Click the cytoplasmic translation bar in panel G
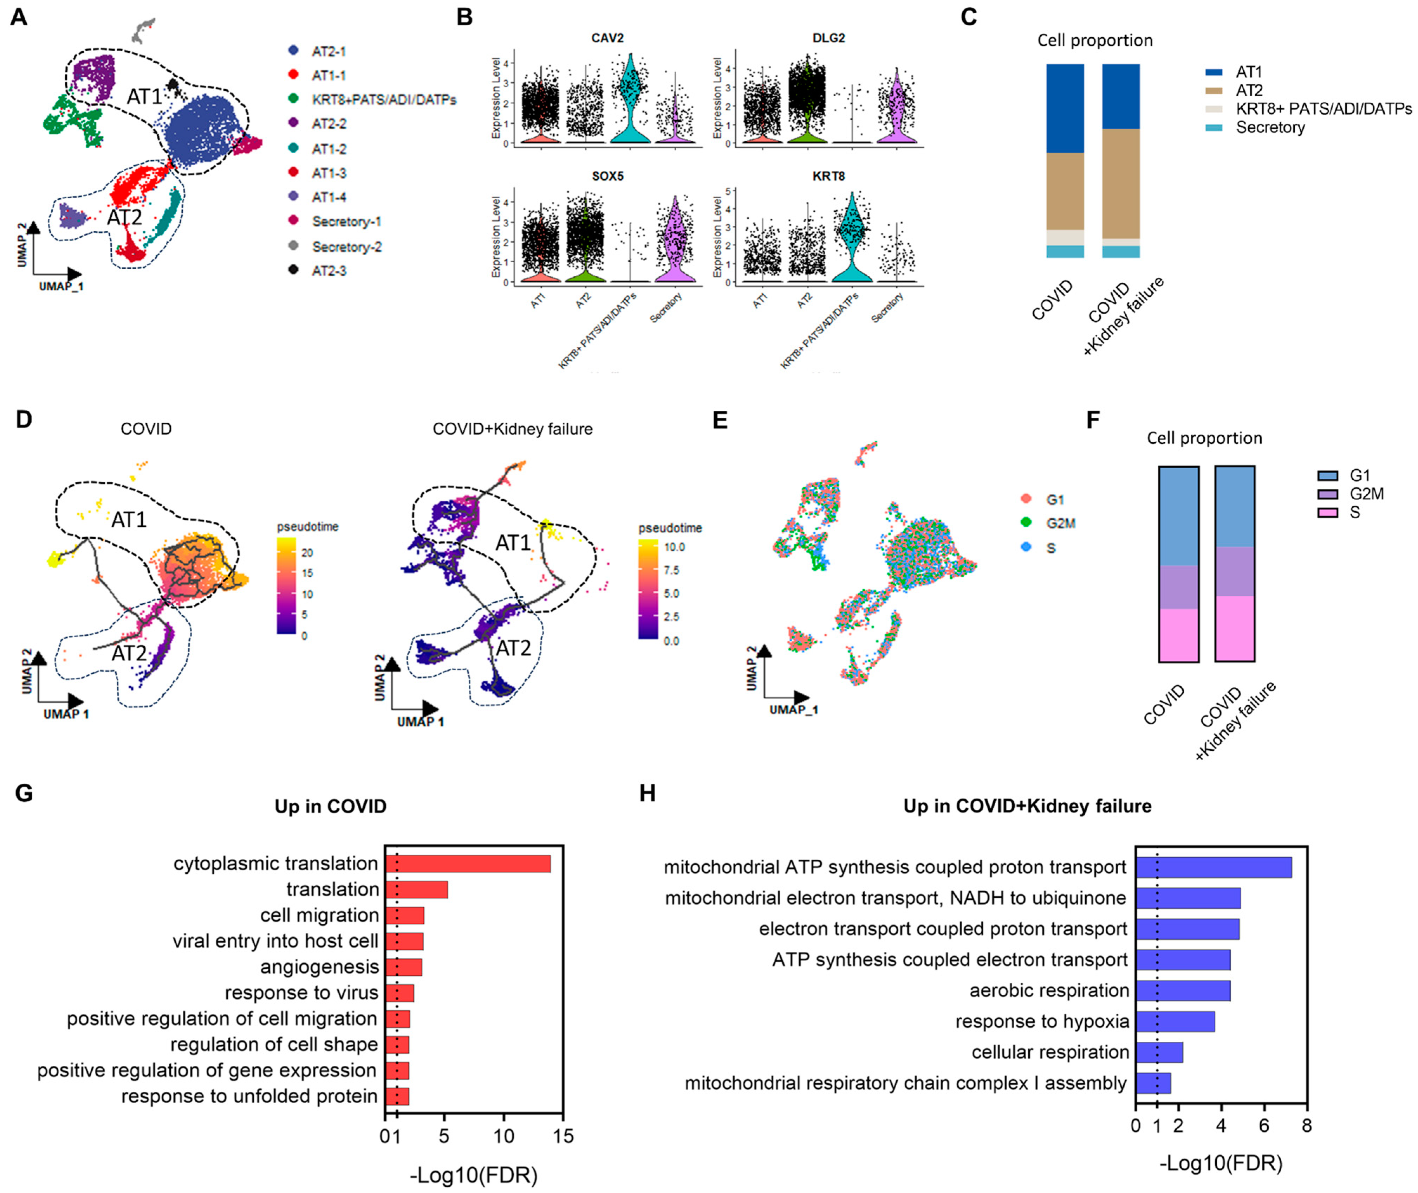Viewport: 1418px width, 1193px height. pos(468,864)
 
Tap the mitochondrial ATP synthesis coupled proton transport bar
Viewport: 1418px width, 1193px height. pos(1213,867)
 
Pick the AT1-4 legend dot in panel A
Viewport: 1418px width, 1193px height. pos(293,197)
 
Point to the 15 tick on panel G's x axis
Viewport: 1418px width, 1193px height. pos(562,1136)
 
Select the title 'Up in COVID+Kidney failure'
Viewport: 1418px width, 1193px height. pos(1027,806)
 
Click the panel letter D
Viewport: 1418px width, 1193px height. pos(24,419)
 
